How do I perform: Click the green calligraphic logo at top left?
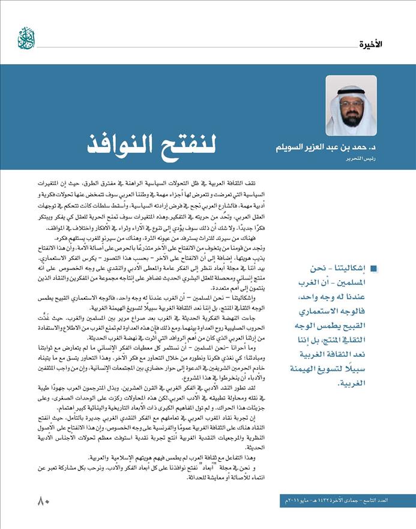coord(26,38)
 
